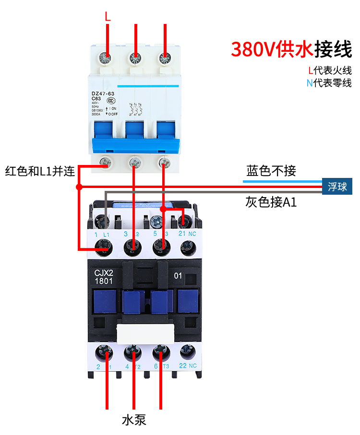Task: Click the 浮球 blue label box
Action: click(x=337, y=187)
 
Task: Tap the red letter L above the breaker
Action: click(x=108, y=16)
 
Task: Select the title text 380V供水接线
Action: click(x=291, y=49)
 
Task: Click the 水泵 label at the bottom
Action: click(x=134, y=421)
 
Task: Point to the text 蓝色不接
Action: click(x=271, y=171)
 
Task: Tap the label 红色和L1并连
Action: click(x=40, y=171)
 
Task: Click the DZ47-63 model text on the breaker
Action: click(x=103, y=94)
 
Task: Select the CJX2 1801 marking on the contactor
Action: click(x=103, y=277)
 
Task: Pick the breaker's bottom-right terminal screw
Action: click(x=165, y=163)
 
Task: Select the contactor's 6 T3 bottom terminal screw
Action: click(x=160, y=354)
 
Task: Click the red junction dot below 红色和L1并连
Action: click(x=79, y=187)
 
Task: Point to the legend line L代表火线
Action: click(x=330, y=71)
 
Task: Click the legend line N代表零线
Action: click(x=329, y=83)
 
